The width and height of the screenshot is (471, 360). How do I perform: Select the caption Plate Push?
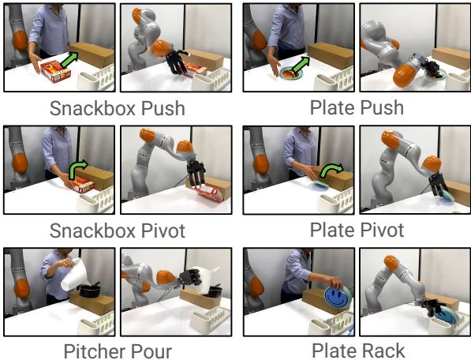pos(357,108)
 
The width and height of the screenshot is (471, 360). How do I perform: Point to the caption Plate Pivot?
pos(357,231)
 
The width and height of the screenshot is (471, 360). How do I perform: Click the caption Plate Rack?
pos(357,350)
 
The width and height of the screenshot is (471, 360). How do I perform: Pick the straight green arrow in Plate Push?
pos(303,64)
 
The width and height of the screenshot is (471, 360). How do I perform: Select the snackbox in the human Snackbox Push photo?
pos(55,72)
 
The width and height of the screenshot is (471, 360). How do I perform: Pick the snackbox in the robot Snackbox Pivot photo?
pos(209,192)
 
